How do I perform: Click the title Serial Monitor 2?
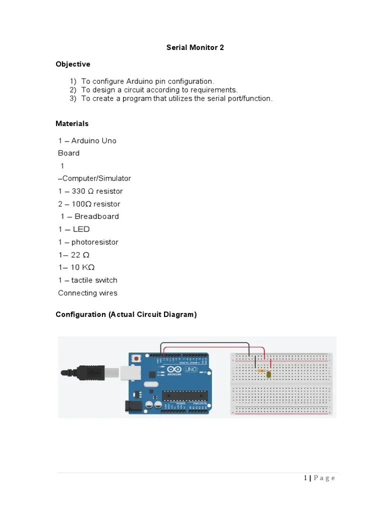195,47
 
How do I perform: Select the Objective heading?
73,64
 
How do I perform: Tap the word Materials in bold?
72,123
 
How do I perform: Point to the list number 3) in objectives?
73,98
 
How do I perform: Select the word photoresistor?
95,242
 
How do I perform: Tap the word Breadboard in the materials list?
97,216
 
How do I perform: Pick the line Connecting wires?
87,293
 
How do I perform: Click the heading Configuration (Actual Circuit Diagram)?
126,314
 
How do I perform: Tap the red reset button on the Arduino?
136,358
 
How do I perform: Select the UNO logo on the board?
191,369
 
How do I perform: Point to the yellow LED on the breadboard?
269,374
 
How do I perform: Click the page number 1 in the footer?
305,478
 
